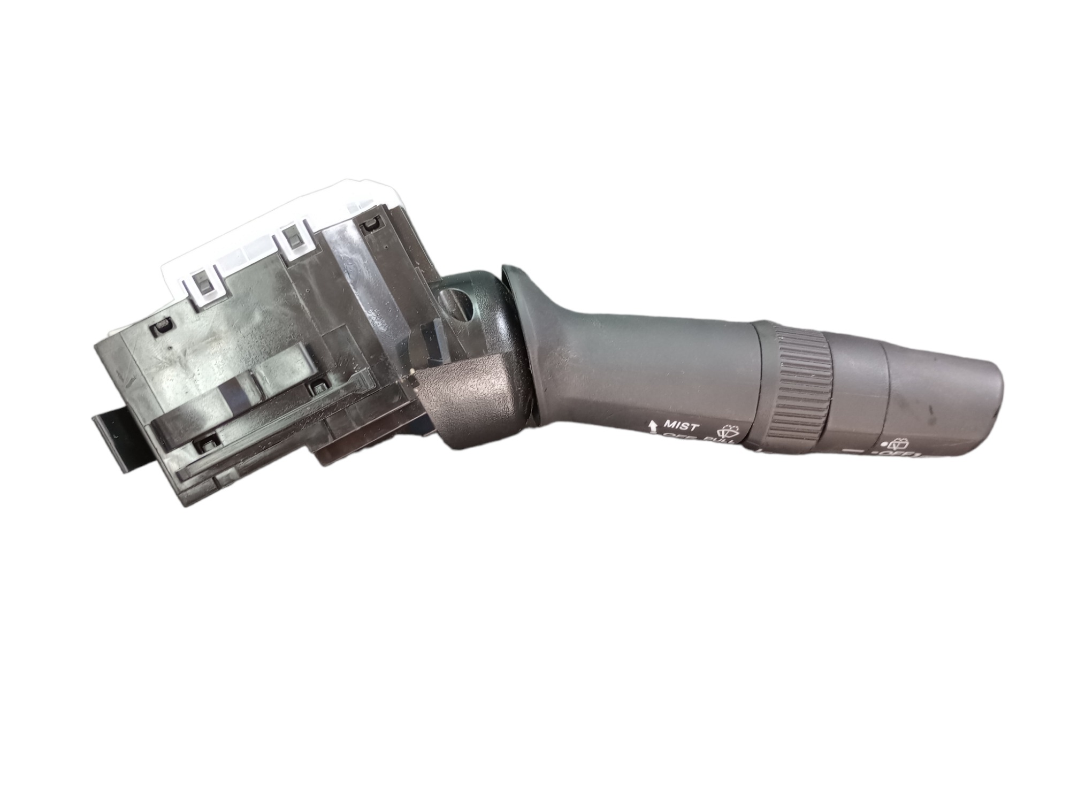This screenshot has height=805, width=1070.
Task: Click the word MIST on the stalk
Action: click(x=681, y=426)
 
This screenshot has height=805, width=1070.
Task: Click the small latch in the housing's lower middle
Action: click(x=320, y=385)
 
